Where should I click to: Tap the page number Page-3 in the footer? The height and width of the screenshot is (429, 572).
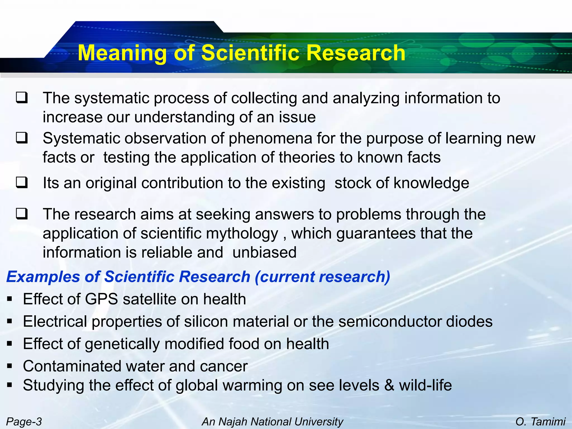pos(24,421)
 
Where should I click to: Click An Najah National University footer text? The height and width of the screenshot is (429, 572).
pos(272,421)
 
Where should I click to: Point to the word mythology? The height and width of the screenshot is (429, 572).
pos(242,233)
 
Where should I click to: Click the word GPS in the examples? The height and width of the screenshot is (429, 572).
pos(101,299)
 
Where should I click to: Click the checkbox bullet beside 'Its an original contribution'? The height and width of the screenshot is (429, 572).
pos(22,183)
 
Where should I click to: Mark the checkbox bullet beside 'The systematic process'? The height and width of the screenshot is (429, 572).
pos(22,98)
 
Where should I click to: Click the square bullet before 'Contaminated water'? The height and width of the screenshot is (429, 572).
pos(10,366)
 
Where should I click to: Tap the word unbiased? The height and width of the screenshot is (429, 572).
pos(264,252)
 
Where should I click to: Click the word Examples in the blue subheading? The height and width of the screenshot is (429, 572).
pos(43,277)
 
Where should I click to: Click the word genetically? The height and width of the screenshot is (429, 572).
pos(122,344)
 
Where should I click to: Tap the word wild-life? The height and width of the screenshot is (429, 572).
pos(425,385)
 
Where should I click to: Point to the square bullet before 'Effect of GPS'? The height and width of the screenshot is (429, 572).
pos(10,299)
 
